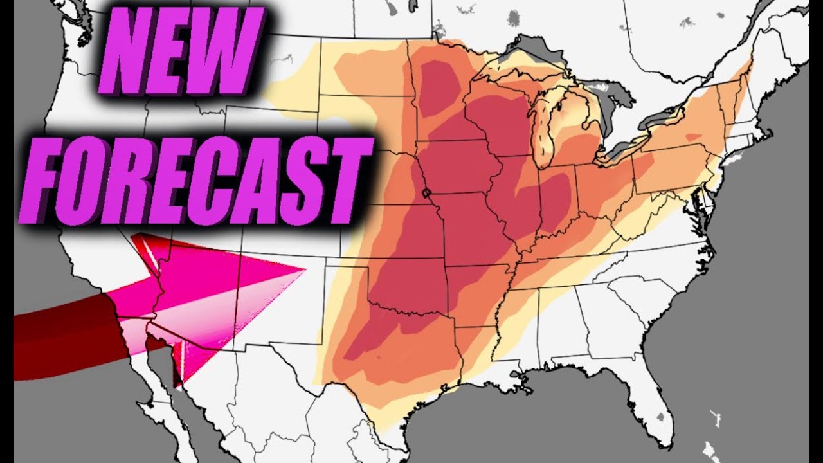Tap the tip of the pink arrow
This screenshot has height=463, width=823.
pyautogui.click(x=302, y=271)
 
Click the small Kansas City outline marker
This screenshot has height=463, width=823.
pyautogui.click(x=424, y=193)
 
